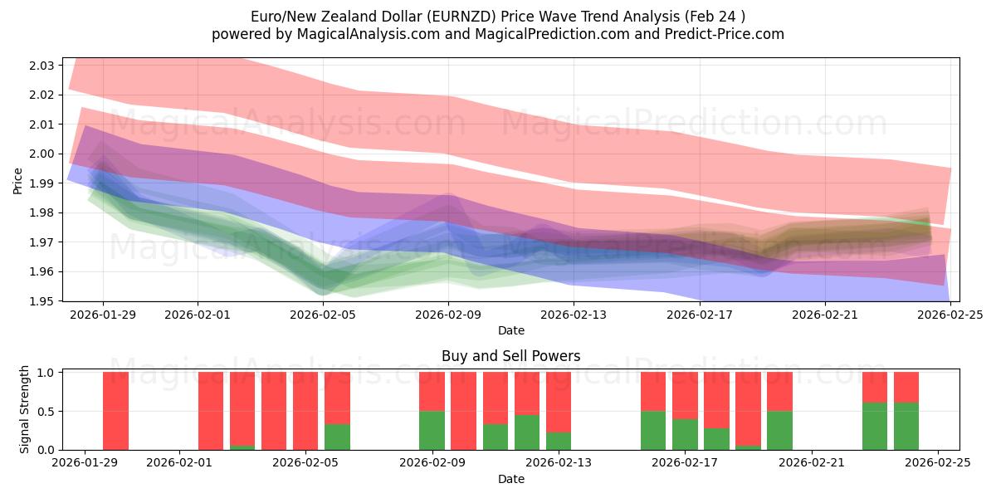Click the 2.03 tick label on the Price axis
click(x=41, y=66)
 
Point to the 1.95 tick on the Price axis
click(x=41, y=301)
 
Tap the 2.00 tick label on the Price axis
click(x=41, y=154)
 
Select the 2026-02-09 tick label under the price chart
click(x=449, y=315)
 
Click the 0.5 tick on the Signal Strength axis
click(x=46, y=412)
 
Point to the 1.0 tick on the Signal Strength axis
click(x=46, y=373)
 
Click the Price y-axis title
click(x=18, y=180)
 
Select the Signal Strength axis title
click(x=25, y=409)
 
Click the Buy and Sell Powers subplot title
click(x=510, y=356)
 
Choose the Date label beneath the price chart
click(x=510, y=330)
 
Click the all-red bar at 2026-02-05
click(x=305, y=411)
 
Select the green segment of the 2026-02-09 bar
click(x=432, y=430)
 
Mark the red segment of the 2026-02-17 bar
click(x=685, y=395)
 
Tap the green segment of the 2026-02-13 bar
click(x=559, y=441)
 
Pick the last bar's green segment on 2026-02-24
click(x=906, y=426)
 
